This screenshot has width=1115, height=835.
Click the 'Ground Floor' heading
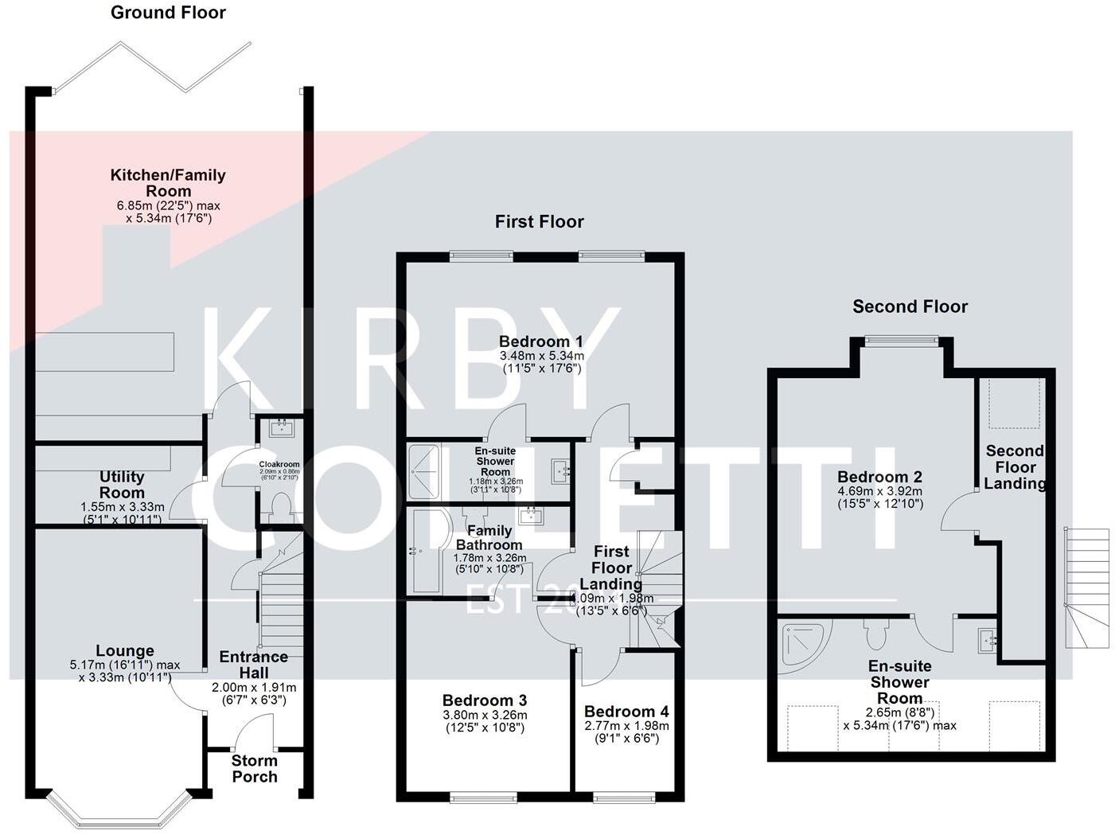click(168, 13)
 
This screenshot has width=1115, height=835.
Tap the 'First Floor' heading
click(539, 222)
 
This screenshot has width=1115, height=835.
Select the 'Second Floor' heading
click(910, 306)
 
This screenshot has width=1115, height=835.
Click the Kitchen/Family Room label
click(168, 182)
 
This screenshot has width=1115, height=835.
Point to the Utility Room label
click(122, 484)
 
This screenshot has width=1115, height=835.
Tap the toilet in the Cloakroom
click(279, 507)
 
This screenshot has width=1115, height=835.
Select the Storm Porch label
click(255, 768)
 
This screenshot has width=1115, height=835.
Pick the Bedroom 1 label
click(541, 341)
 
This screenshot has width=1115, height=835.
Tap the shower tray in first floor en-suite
click(429, 471)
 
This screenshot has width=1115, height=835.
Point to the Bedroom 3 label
click(485, 700)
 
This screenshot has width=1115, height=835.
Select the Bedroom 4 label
click(626, 712)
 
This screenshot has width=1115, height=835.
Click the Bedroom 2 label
click(879, 477)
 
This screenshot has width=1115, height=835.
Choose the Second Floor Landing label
click(1015, 467)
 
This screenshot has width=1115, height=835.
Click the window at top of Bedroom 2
click(903, 341)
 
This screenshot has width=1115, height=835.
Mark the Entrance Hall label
click(254, 665)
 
